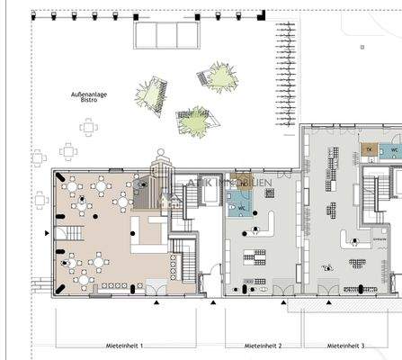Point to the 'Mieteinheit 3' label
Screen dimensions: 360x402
coord(345,346)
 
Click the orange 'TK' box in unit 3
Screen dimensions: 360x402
coord(368,151)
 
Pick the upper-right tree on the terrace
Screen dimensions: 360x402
coord(218,74)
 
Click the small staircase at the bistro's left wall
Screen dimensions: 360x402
coord(68,236)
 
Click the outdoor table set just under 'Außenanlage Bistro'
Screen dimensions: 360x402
coord(87,127)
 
